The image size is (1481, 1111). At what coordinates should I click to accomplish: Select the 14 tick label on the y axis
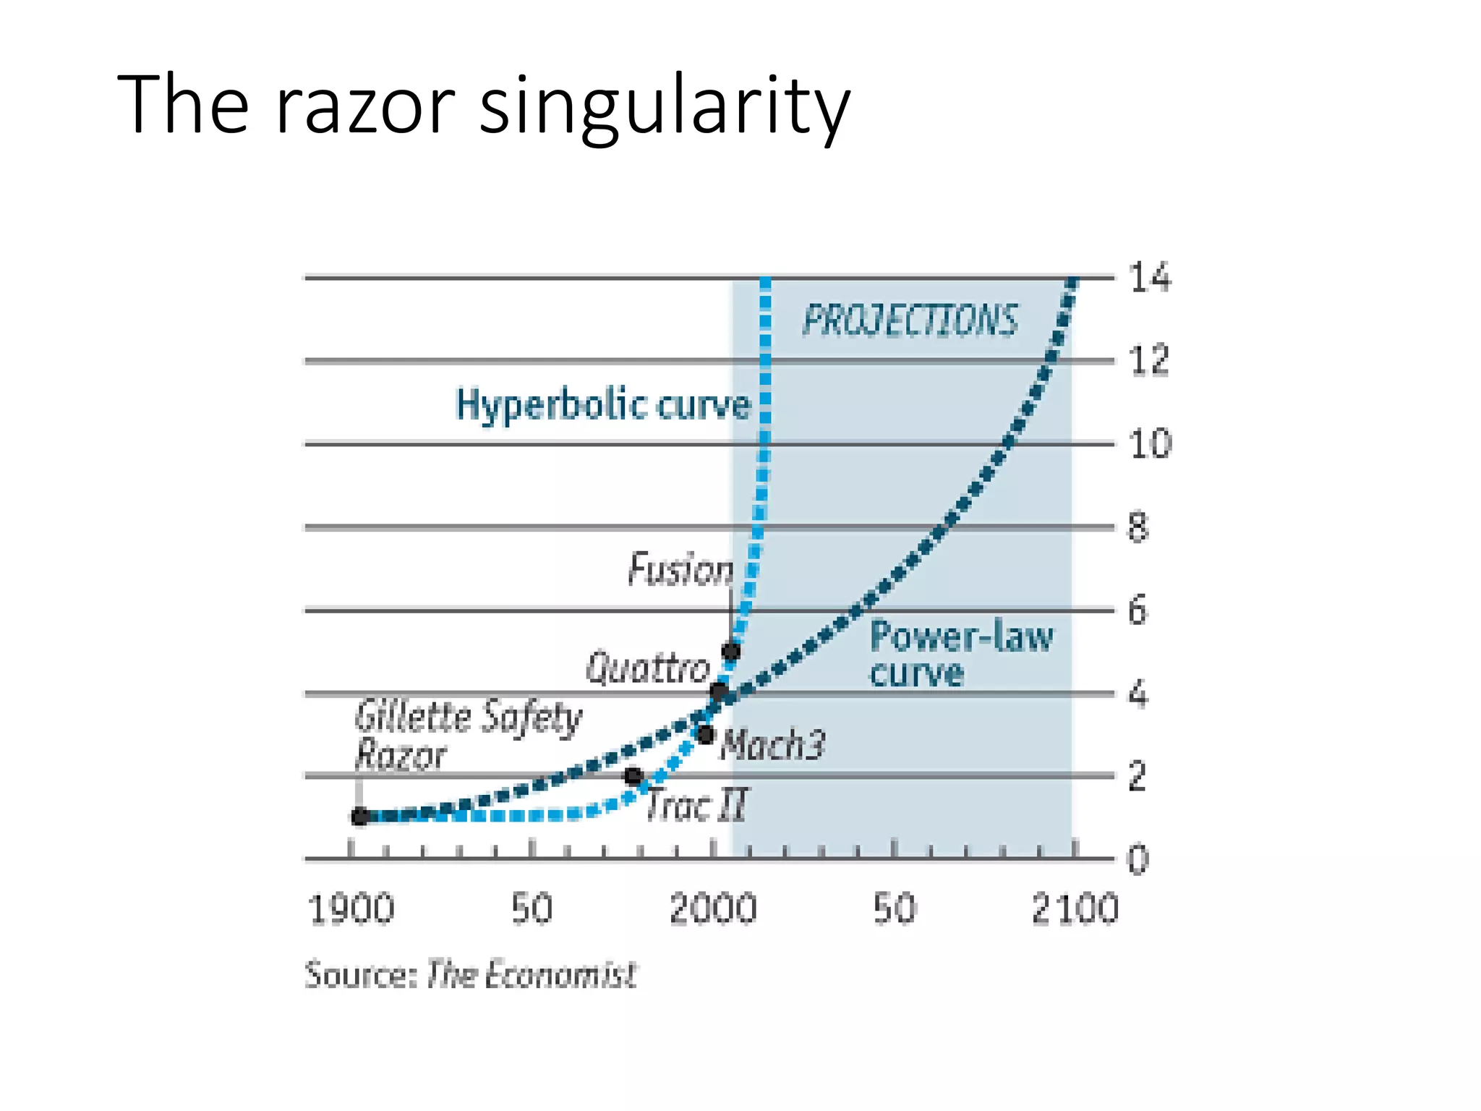click(1150, 278)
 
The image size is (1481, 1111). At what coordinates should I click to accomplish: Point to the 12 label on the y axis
click(1148, 360)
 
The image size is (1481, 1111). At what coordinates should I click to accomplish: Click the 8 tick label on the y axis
click(1138, 527)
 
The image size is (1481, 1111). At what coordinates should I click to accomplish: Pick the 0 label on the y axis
click(1138, 860)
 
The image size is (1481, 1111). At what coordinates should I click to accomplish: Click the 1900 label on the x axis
click(351, 909)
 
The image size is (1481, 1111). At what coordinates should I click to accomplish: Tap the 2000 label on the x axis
click(713, 909)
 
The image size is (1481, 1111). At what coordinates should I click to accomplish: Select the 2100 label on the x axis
click(1075, 909)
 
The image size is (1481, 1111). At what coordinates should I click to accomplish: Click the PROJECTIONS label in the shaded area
click(910, 321)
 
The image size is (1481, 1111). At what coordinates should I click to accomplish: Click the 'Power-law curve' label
click(960, 654)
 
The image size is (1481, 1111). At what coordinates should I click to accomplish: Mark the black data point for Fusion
click(732, 651)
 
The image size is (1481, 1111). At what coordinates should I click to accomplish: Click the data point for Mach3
click(707, 735)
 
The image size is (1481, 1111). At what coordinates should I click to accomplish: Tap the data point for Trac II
click(634, 776)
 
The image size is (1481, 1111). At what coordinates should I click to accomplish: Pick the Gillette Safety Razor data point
click(360, 817)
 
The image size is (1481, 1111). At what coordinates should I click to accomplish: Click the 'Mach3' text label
click(772, 744)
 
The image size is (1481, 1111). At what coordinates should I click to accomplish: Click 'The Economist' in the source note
click(532, 974)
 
